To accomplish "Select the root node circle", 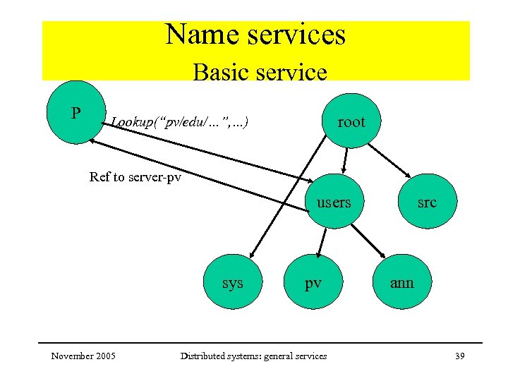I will click(351, 121).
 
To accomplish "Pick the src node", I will click(426, 202).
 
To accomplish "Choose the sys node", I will click(232, 282).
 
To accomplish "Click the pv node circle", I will click(313, 282).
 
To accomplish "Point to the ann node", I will click(401, 282).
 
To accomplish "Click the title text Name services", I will click(255, 35).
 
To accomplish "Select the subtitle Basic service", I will click(260, 72).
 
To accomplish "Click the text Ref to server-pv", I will click(135, 177).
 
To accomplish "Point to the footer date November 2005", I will click(84, 356).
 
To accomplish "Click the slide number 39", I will click(459, 356).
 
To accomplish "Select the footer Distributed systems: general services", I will click(254, 356).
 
